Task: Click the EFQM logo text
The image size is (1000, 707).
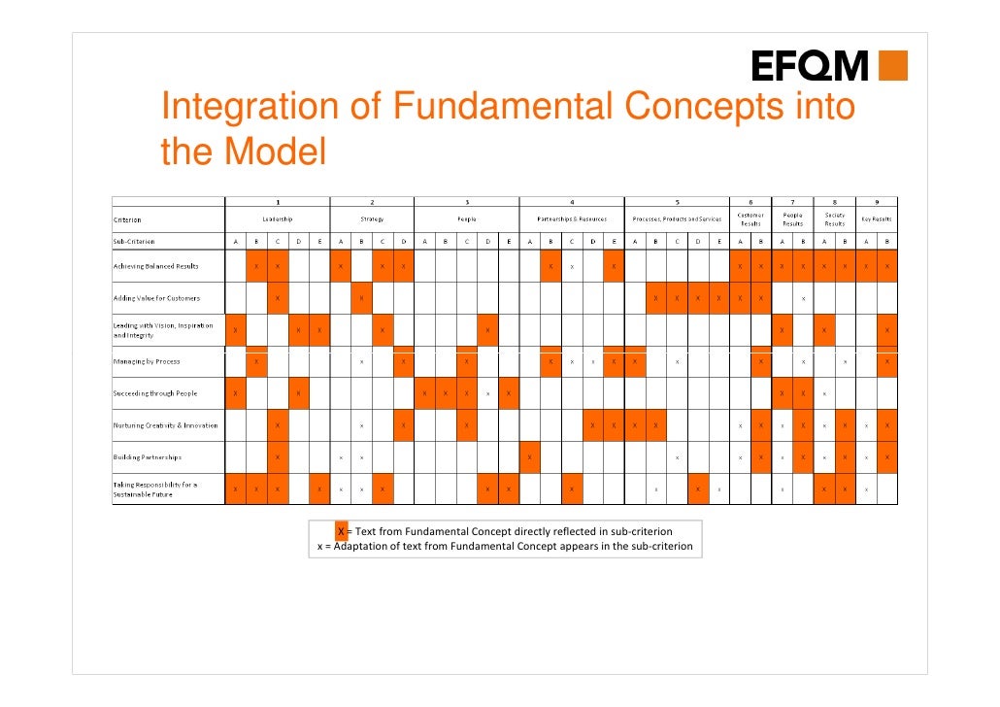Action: (811, 66)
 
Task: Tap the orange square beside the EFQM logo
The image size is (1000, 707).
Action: (891, 65)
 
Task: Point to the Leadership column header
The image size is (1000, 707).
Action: (277, 219)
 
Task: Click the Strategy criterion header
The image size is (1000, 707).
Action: (372, 219)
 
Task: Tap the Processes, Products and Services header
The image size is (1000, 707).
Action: (677, 219)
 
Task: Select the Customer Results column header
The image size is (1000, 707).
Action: (750, 219)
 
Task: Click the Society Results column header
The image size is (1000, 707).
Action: (834, 219)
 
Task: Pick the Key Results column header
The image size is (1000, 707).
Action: (877, 219)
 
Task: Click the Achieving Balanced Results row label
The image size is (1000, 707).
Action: (155, 265)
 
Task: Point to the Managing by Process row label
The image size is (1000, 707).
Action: (147, 361)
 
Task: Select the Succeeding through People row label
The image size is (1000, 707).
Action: (154, 393)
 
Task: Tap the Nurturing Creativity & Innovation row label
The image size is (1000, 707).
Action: (165, 425)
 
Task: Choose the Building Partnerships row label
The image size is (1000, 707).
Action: (147, 457)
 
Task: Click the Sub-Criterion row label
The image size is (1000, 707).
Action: (134, 241)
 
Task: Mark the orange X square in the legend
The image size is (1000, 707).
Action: (341, 531)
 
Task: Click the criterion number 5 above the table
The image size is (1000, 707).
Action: (677, 202)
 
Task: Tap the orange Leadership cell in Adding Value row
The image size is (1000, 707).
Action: (278, 297)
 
